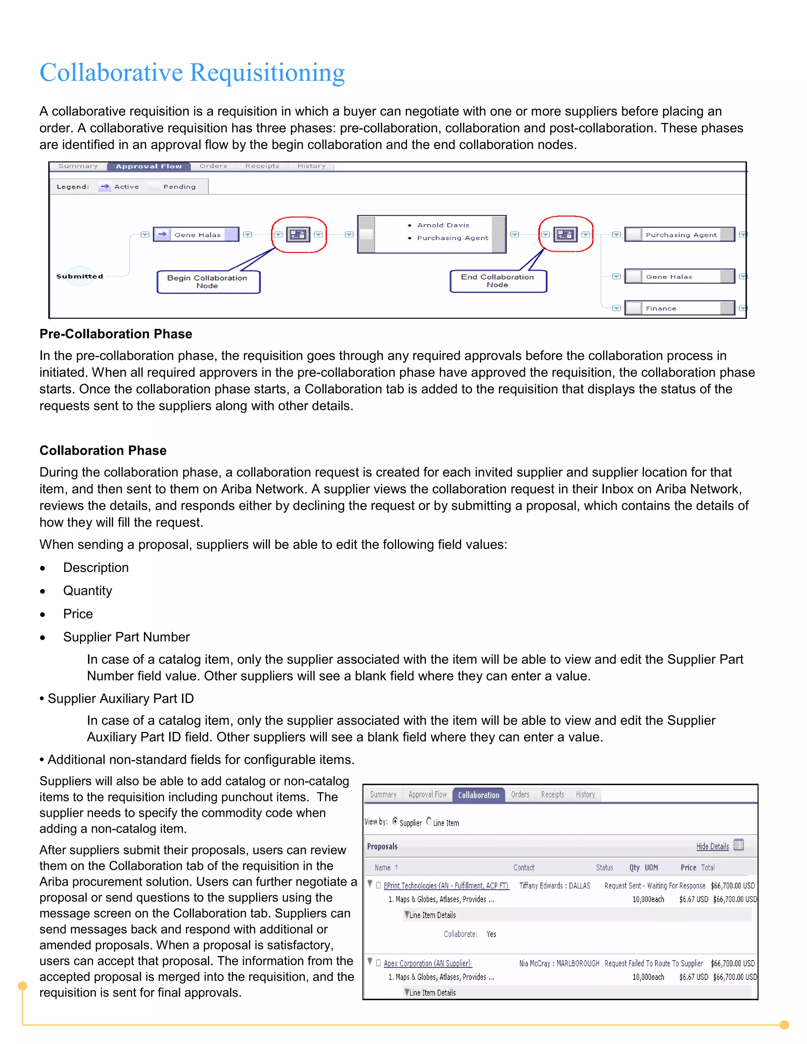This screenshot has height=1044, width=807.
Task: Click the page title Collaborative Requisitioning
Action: point(192,72)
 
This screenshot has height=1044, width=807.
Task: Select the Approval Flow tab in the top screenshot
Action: point(149,166)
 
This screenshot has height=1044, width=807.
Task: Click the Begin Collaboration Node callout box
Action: point(208,282)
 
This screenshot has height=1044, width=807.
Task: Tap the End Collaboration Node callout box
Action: point(497,281)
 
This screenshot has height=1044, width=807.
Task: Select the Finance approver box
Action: point(679,308)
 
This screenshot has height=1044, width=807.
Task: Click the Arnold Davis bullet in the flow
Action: point(443,225)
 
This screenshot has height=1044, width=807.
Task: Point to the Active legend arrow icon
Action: point(105,186)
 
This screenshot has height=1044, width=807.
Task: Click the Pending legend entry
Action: point(179,187)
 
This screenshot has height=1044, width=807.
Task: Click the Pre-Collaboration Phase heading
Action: point(116,334)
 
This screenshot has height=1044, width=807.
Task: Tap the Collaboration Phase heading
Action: point(103,450)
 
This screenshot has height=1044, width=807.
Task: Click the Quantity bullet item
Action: point(87,591)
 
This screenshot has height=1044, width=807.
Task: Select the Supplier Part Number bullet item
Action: point(126,637)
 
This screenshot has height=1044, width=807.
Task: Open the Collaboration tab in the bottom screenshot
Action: point(478,795)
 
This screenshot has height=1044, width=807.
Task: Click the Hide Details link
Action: point(712,846)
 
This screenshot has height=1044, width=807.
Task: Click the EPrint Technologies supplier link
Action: point(446,885)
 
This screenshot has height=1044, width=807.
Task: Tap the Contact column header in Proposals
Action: point(524,867)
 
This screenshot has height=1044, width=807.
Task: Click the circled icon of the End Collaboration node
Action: point(565,234)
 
